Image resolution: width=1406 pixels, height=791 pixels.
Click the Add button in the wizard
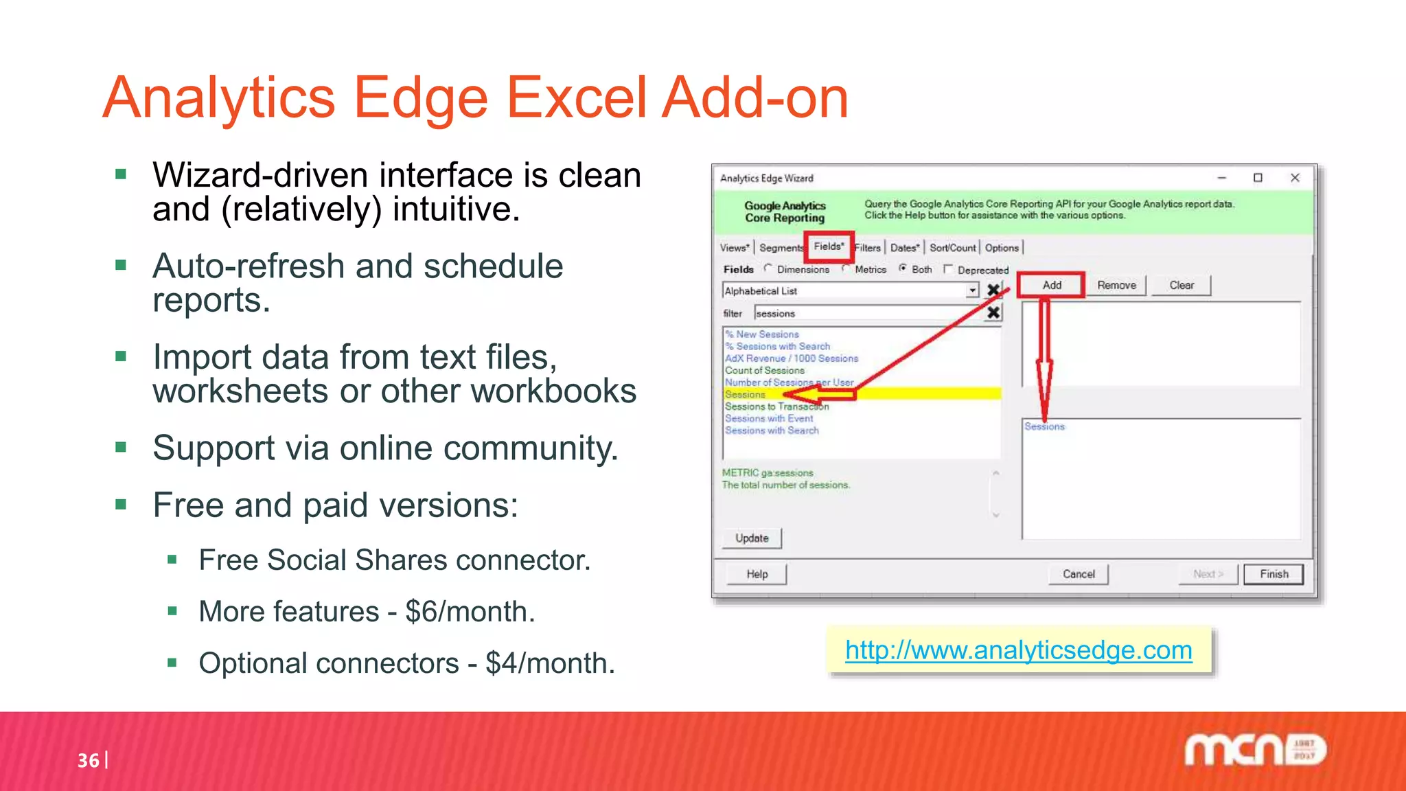[1051, 285]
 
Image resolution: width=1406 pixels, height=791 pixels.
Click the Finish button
[1274, 574]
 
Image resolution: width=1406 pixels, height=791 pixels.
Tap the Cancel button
[1079, 574]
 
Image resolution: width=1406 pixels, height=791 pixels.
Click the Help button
[757, 574]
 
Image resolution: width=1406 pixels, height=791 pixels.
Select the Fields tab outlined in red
[829, 247]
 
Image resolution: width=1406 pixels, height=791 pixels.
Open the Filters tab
[868, 248]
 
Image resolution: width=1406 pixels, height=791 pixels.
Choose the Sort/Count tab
[952, 248]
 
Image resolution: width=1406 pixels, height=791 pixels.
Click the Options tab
[1002, 248]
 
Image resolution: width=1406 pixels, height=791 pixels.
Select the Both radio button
[903, 268]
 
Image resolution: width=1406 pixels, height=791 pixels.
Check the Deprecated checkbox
[948, 269]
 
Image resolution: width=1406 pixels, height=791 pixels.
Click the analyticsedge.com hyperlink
[1018, 650]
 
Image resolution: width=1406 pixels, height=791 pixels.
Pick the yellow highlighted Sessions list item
[745, 394]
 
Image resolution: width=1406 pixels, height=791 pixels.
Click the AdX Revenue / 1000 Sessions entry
[792, 358]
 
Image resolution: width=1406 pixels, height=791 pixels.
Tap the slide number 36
[88, 760]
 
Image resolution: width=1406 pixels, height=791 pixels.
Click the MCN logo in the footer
[1254, 750]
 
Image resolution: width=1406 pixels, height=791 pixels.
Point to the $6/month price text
[470, 611]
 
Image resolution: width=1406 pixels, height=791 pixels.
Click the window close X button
[1295, 178]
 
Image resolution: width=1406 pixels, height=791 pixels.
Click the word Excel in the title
[577, 98]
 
